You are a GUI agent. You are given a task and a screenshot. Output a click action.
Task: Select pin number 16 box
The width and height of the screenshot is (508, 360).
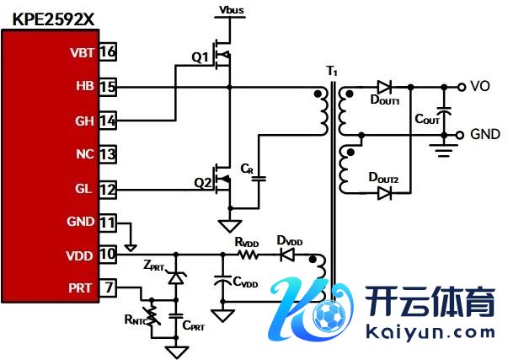[x=108, y=52]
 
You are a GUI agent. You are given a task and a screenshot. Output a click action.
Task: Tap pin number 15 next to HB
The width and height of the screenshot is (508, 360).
[x=108, y=86]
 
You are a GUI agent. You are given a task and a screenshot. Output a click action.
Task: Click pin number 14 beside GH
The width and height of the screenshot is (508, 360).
[x=108, y=121]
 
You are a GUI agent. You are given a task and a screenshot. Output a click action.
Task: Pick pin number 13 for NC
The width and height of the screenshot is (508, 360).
[x=108, y=154]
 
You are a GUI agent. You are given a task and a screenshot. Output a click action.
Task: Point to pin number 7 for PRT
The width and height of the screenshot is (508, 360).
[x=108, y=288]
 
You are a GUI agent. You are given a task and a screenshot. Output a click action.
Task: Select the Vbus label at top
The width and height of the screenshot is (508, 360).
[x=232, y=9]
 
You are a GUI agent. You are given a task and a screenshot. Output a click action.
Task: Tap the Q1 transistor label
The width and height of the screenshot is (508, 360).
[x=199, y=57]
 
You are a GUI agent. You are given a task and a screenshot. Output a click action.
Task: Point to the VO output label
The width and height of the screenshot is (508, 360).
[x=480, y=85]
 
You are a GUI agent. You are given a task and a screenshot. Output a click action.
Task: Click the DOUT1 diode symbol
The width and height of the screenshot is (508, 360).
[x=384, y=86]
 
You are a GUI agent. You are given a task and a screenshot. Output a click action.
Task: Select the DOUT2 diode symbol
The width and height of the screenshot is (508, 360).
[x=385, y=193]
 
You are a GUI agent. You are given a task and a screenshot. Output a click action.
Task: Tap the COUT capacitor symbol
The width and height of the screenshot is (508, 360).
[x=446, y=110]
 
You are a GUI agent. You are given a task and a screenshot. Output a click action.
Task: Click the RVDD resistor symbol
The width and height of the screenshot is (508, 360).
[x=247, y=253]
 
